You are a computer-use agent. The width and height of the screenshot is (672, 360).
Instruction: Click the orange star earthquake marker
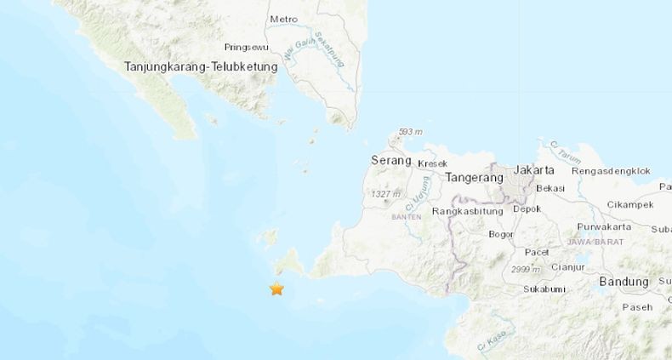[x=276, y=289]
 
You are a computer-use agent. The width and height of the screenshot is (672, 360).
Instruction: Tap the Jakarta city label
[x=534, y=169]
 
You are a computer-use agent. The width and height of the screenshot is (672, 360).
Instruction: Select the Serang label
[x=391, y=160]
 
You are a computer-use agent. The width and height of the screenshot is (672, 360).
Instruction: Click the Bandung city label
[x=624, y=282]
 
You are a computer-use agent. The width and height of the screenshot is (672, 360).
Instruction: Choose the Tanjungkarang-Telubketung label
[x=201, y=66]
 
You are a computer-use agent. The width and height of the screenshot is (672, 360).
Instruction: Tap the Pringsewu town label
[x=248, y=48]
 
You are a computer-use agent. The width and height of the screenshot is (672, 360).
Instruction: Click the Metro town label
[x=284, y=19]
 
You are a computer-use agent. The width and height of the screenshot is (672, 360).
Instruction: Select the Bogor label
[x=501, y=234]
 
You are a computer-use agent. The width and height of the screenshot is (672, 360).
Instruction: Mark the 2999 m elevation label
[x=525, y=270]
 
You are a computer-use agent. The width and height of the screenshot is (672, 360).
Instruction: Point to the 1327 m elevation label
[x=385, y=196]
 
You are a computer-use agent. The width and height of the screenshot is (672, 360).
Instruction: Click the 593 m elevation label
[x=411, y=132]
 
